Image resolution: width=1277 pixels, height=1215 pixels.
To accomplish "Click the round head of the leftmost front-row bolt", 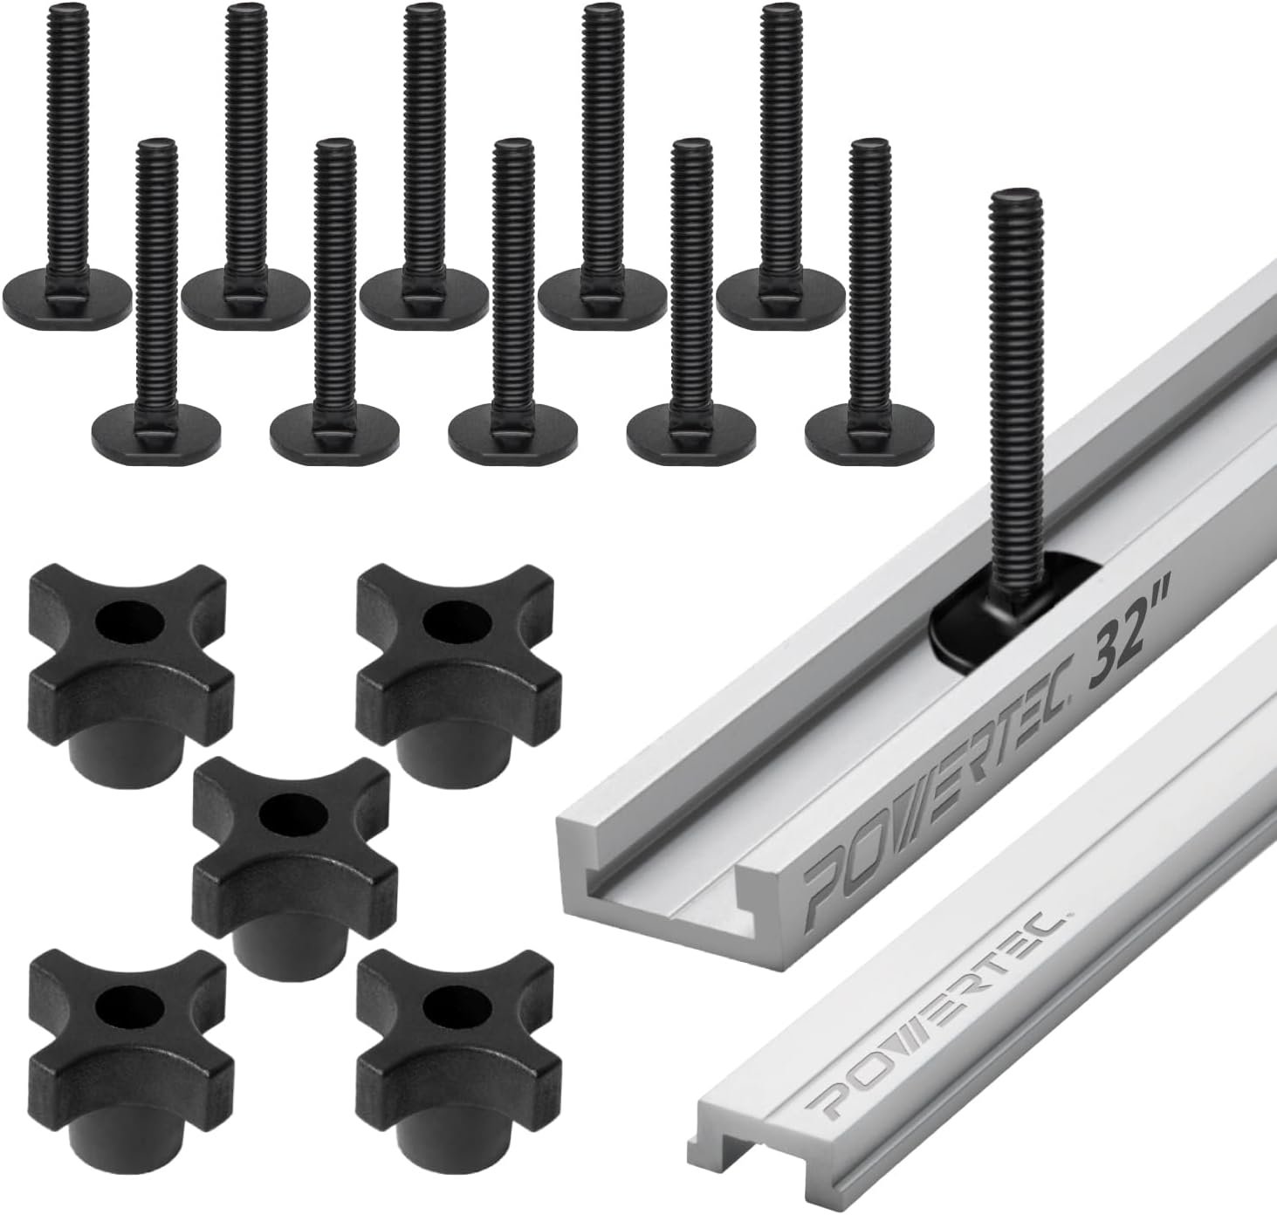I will click(155, 433).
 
